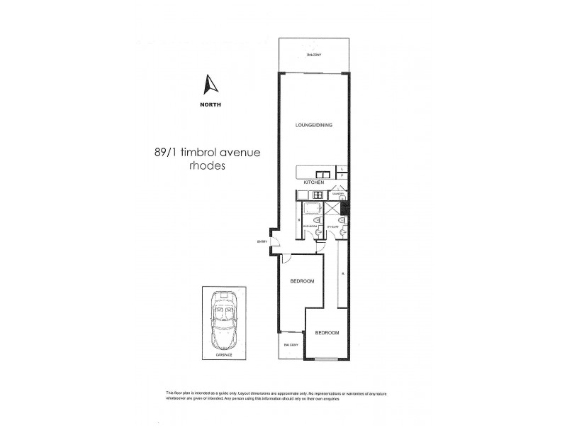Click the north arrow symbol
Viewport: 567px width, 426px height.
[210, 85]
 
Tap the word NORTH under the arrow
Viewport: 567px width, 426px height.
[210, 105]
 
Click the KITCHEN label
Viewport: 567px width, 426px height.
[313, 182]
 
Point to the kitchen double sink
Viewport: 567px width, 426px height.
[322, 173]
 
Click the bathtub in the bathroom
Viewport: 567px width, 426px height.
[313, 211]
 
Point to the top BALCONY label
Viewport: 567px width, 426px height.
[313, 55]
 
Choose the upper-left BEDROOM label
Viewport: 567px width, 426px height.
[302, 282]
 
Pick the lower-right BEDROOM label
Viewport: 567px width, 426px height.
[327, 332]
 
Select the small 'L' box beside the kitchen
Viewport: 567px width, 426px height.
[342, 168]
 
